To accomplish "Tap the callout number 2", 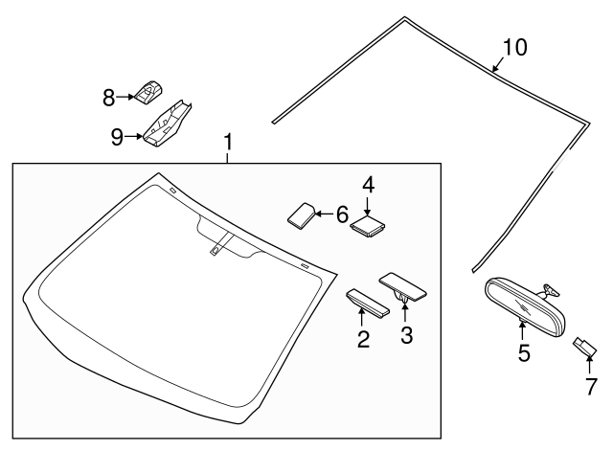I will (x=363, y=338).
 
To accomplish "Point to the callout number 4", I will (x=367, y=184).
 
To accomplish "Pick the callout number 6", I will (x=342, y=214).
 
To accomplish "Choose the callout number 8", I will (x=109, y=96).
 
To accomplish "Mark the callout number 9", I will (x=117, y=137).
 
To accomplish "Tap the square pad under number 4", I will (x=367, y=225).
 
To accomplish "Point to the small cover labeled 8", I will (x=148, y=92).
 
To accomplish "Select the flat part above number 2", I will (x=366, y=302).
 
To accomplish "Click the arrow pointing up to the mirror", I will (x=522, y=330).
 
